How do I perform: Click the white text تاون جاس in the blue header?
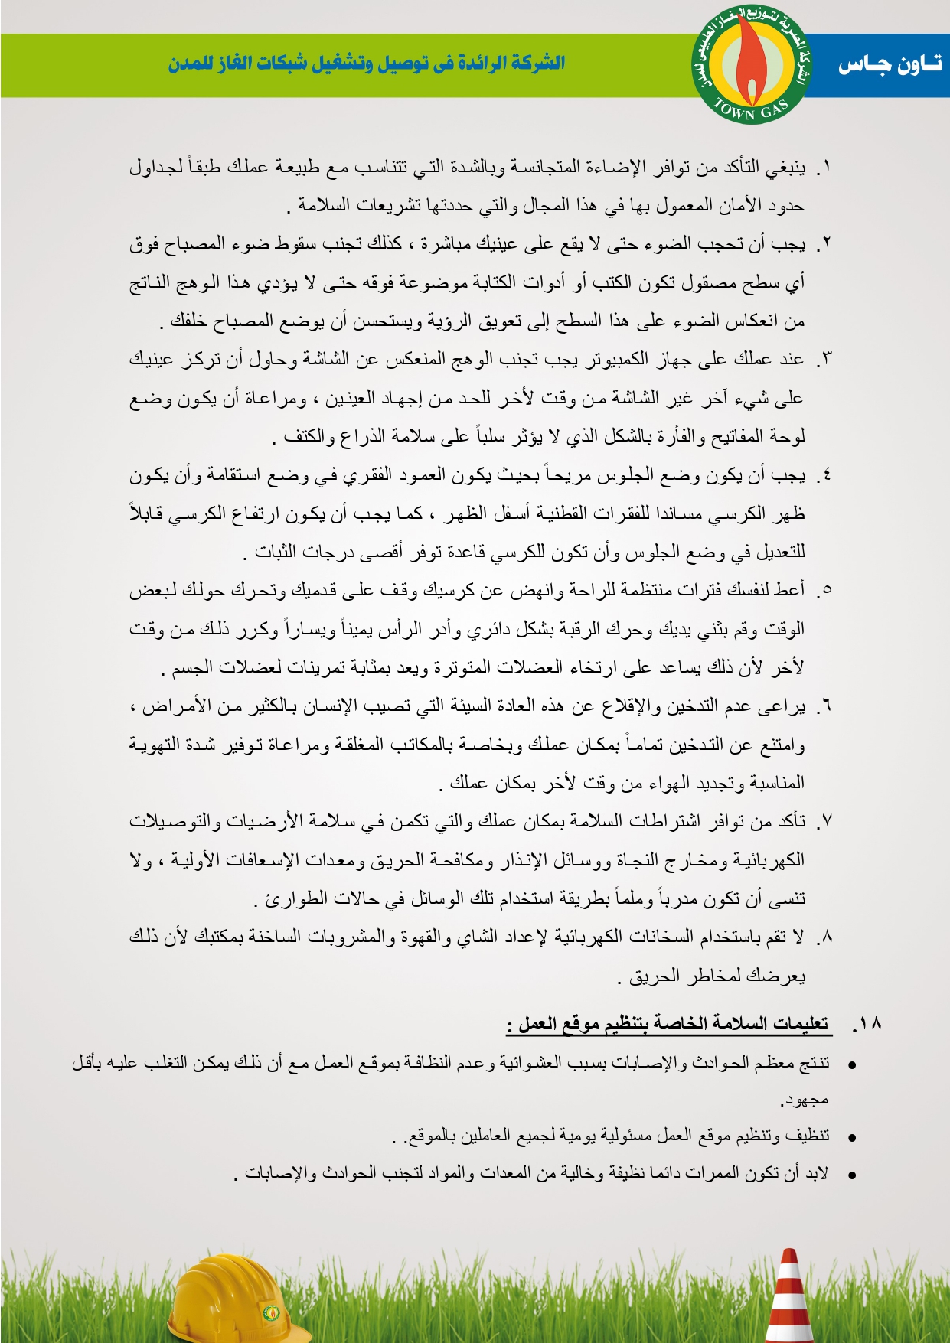[x=889, y=65]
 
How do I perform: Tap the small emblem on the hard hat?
[x=270, y=1313]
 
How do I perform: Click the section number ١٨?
[x=867, y=1024]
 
